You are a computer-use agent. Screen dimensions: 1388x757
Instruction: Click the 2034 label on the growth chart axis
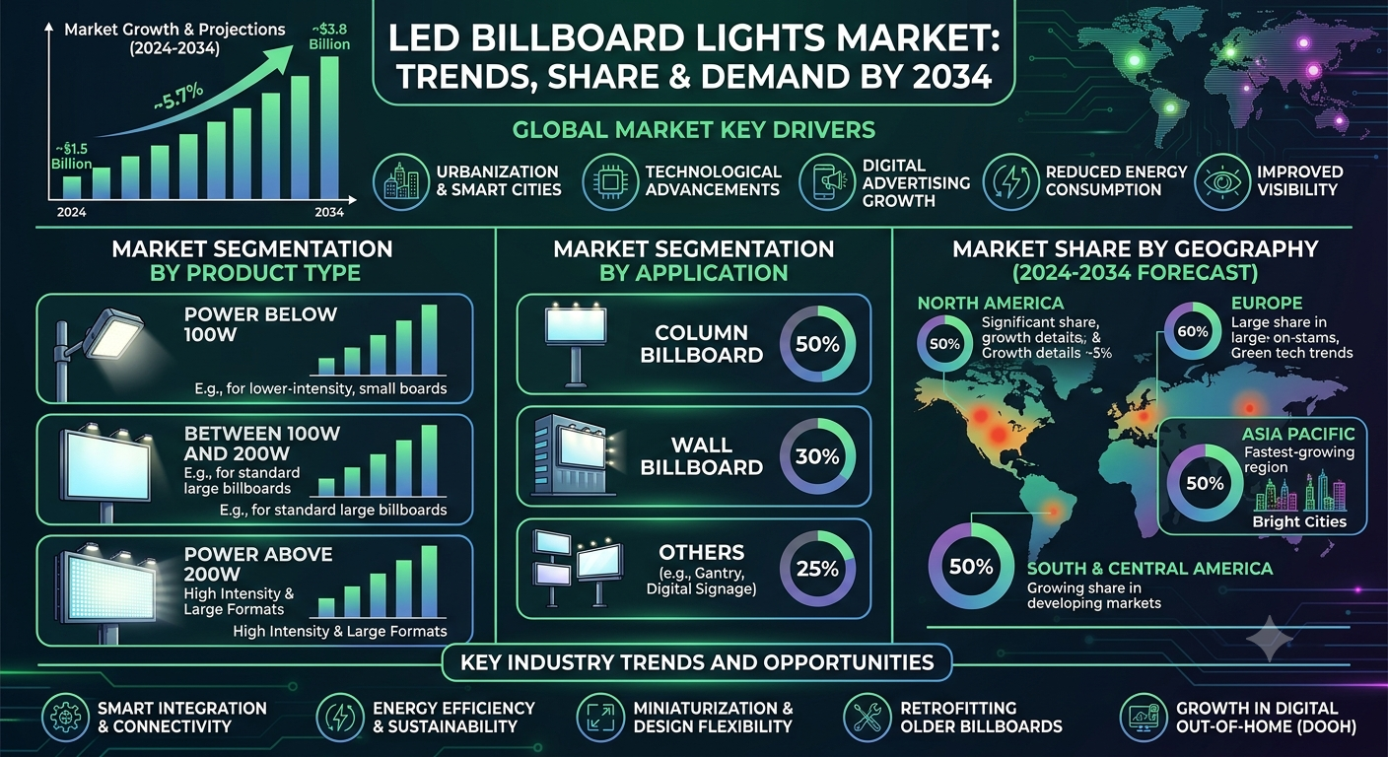tap(329, 212)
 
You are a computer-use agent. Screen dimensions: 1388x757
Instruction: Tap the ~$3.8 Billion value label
tap(329, 36)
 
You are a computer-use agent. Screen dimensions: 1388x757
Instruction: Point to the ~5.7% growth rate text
tap(178, 98)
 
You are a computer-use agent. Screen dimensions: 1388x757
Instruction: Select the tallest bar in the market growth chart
tap(329, 127)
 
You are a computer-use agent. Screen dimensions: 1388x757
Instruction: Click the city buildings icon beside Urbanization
tap(401, 181)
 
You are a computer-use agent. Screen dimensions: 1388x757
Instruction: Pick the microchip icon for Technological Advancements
tap(610, 181)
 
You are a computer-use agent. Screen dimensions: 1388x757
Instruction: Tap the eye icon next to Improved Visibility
tap(1222, 181)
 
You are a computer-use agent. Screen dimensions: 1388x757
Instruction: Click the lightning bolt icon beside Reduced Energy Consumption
tap(1011, 181)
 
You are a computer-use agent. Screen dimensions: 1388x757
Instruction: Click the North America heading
tap(990, 303)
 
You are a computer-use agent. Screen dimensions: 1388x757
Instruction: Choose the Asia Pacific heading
tap(1298, 434)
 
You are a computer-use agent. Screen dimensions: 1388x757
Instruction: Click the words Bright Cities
tap(1299, 521)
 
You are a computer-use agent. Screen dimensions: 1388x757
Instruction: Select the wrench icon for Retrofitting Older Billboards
tap(867, 718)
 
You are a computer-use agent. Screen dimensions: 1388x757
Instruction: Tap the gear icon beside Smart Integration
tap(66, 718)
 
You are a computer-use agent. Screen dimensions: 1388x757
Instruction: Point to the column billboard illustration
tap(576, 344)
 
